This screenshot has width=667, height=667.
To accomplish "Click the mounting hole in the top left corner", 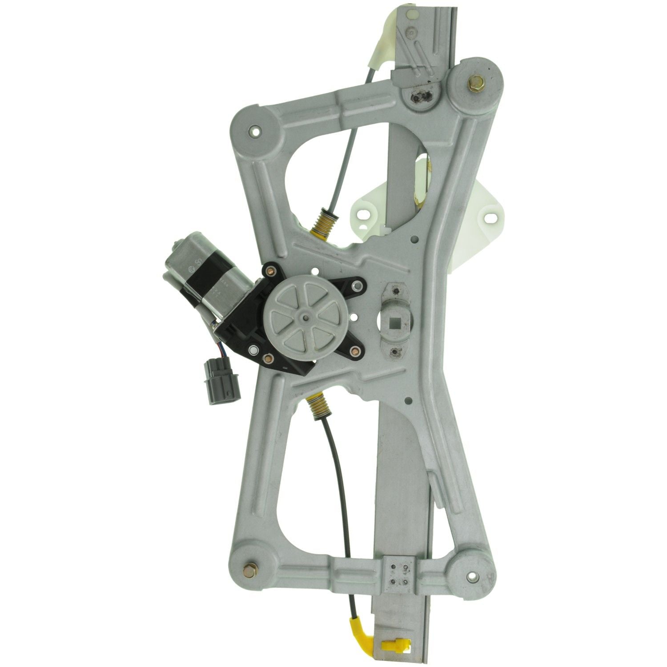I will pos(255,130).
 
